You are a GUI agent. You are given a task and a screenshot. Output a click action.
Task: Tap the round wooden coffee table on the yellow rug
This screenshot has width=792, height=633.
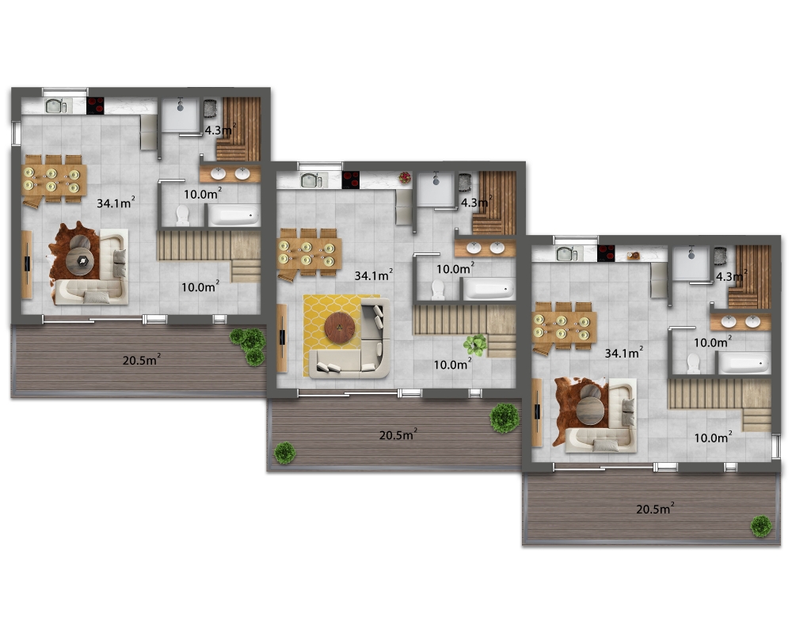point(340,328)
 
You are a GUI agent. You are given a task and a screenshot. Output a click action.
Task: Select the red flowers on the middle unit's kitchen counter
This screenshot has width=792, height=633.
point(405,177)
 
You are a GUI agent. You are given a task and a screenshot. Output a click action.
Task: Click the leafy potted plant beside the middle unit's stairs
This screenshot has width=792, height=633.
point(475,345)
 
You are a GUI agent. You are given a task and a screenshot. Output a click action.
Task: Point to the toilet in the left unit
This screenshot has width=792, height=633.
point(182,215)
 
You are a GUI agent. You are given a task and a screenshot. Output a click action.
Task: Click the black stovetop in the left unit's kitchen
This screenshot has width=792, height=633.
point(95,105)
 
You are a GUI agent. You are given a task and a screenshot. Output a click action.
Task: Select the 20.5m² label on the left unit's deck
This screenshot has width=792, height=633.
point(142,360)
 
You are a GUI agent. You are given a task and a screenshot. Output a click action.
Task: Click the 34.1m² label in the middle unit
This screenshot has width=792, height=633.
point(373,275)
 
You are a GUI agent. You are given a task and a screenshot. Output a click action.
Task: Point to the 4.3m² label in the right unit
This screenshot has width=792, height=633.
point(731,276)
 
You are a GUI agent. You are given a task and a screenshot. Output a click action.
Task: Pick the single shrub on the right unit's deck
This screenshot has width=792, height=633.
point(760,526)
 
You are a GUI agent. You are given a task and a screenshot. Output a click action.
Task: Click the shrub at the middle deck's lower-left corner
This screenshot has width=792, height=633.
point(285,453)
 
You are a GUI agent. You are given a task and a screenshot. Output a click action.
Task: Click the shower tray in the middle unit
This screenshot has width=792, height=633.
point(436,189)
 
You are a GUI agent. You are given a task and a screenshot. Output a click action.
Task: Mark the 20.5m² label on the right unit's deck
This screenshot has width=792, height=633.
point(655,508)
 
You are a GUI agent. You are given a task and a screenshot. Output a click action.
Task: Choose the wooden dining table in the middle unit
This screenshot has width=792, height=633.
point(309,254)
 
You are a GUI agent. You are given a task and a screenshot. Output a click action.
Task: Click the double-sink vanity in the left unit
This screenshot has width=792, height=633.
point(230,174)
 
